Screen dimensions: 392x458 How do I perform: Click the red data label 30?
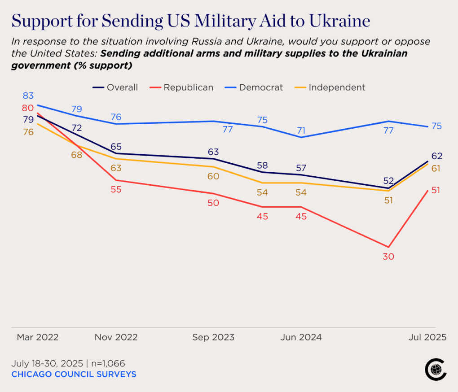[x=388, y=257]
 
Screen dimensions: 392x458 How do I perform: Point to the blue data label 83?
[x=28, y=96]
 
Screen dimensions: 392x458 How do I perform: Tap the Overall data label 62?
[x=437, y=156]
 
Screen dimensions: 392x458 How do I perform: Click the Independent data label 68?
[x=76, y=155]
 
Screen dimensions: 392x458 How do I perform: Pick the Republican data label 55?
[x=116, y=189]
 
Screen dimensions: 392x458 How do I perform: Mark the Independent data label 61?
[x=436, y=169]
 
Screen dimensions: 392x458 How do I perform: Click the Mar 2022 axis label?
[x=38, y=337]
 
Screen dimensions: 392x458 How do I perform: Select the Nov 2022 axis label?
[x=116, y=337]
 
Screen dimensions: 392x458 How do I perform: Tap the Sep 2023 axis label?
[x=213, y=337]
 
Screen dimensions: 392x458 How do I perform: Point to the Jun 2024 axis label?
[x=301, y=337]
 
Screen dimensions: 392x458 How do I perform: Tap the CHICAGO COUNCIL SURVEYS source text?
[x=74, y=374]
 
